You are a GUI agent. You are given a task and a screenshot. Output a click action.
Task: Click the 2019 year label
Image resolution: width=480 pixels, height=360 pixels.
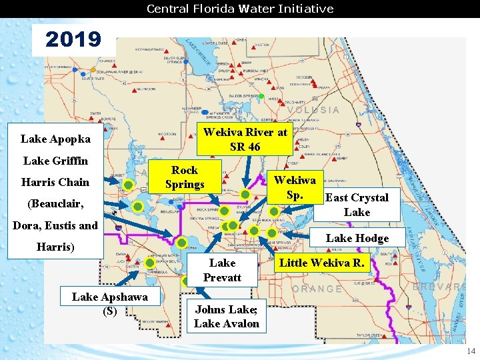coord(73,40)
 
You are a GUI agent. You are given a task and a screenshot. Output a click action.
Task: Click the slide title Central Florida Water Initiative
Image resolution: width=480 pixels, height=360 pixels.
coord(240,9)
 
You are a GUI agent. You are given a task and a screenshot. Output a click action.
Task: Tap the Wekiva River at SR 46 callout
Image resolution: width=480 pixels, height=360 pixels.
coord(245,139)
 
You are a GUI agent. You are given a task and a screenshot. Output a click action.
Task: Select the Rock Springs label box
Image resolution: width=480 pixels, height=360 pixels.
coord(185,177)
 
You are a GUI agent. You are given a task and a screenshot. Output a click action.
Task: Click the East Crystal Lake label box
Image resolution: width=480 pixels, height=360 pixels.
coord(357,205)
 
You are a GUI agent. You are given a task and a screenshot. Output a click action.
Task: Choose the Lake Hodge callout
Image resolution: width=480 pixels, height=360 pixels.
coord(357,239)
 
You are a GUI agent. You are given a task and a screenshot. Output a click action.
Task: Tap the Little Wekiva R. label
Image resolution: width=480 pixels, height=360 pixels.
coord(322,263)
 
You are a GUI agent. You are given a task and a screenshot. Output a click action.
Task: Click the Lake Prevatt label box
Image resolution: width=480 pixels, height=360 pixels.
coord(222,270)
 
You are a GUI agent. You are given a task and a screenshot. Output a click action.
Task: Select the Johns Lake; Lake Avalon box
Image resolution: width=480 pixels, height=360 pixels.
coord(227,317)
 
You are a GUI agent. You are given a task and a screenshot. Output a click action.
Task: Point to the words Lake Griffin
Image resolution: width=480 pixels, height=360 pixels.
coord(55,161)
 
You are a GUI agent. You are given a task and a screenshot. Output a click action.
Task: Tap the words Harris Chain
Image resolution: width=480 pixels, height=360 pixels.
coord(55,182)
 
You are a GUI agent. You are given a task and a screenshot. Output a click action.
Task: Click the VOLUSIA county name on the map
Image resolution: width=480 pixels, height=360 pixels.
coord(313,110)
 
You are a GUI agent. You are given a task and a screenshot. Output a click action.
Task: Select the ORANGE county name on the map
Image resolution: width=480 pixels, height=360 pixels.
coord(317,289)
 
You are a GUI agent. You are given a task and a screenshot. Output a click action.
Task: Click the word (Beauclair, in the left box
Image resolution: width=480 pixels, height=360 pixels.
coord(55,203)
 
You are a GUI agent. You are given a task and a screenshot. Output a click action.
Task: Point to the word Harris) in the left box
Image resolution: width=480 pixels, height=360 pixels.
coord(55,247)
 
